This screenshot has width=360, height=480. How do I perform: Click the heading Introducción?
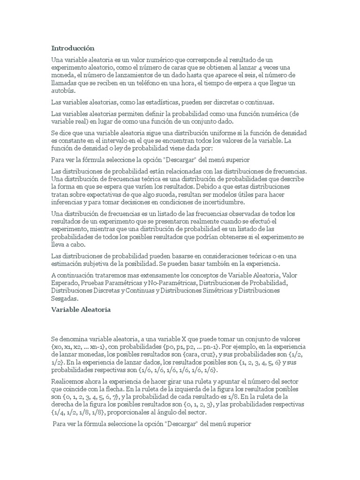point(72,48)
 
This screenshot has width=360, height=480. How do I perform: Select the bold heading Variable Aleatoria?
point(81,310)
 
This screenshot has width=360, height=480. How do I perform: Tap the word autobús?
point(62,90)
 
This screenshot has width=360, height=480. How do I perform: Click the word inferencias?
point(67,202)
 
